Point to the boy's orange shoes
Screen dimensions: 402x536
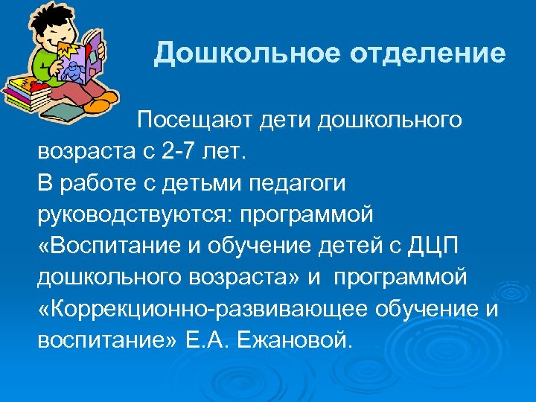pos(100,103)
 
